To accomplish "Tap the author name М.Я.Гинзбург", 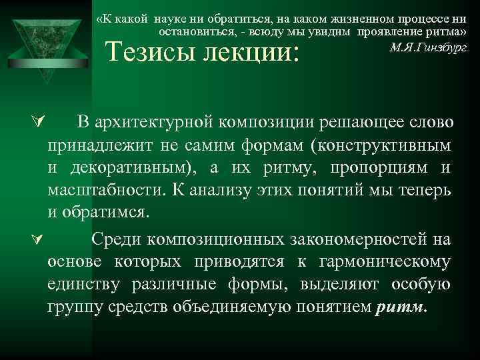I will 428,48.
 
